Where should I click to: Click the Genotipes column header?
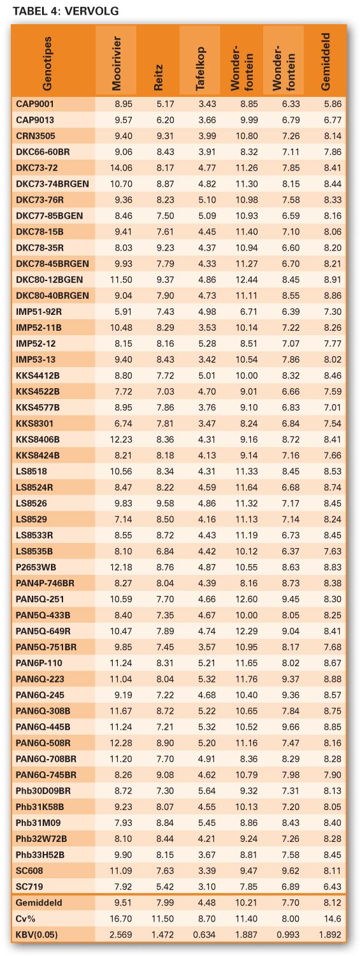[x=47, y=64]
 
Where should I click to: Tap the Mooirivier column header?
[x=116, y=63]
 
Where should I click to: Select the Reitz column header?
[x=158, y=77]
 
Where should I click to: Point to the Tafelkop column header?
[x=199, y=68]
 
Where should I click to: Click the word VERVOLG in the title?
[x=91, y=11]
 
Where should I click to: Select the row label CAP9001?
[x=35, y=104]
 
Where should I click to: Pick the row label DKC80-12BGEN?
[x=50, y=280]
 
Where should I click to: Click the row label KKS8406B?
[x=38, y=439]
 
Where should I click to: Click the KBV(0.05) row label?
[x=37, y=935]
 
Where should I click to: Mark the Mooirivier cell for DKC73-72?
[x=121, y=168]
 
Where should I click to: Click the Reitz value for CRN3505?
[x=165, y=136]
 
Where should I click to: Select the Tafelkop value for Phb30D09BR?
[x=207, y=791]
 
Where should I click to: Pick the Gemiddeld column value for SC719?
[x=333, y=887]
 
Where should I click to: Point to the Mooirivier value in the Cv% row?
[x=121, y=918]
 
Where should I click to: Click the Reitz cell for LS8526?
[x=165, y=503]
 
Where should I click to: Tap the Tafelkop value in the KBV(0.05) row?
[x=205, y=935]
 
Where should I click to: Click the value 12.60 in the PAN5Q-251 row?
[x=247, y=599]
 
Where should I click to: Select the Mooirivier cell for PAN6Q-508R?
[x=121, y=742]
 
